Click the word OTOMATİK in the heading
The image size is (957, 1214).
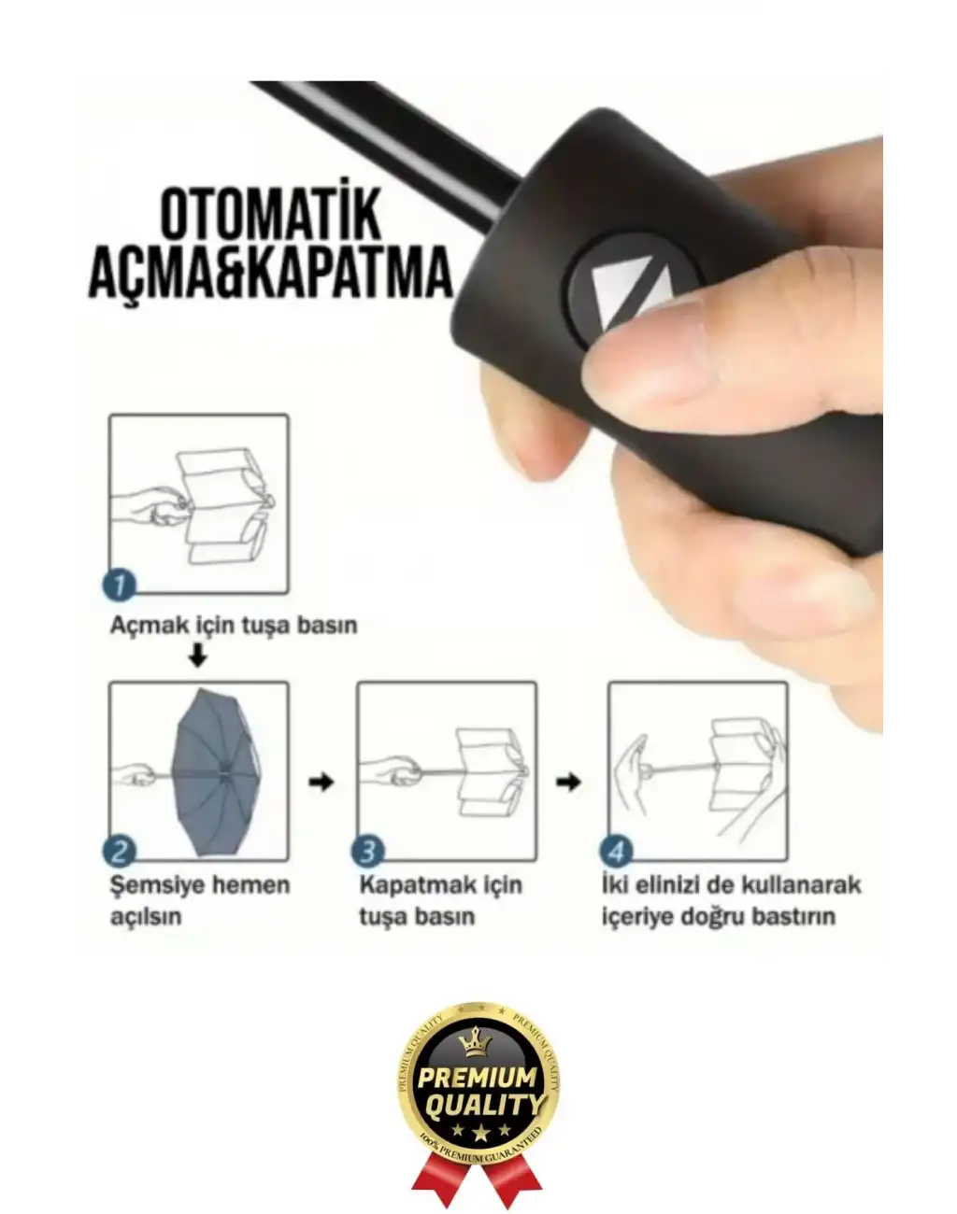tap(271, 213)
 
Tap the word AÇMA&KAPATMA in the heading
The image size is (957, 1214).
tap(271, 272)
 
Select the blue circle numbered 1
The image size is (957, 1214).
tap(120, 586)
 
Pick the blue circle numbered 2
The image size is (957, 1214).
tap(120, 852)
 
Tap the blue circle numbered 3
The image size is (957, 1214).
tap(367, 852)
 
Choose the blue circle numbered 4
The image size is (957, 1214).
tap(617, 852)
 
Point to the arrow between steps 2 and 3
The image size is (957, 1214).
tap(321, 782)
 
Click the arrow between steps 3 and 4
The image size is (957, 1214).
tap(568, 782)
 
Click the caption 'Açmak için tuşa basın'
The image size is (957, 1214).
tap(234, 625)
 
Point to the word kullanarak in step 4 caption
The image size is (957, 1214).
tap(801, 885)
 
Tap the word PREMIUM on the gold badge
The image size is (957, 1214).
tap(478, 1078)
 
